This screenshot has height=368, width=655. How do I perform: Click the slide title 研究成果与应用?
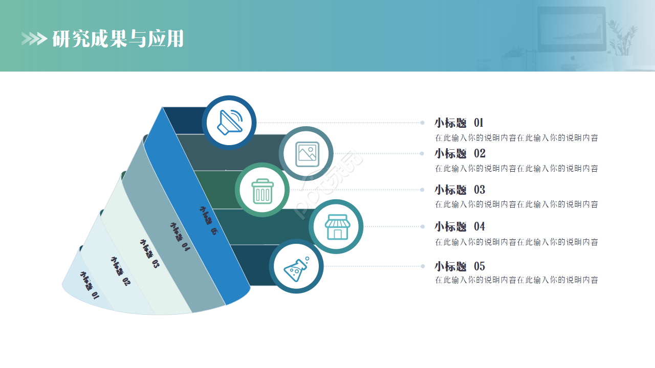(x=118, y=39)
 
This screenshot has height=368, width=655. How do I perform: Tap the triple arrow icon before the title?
(x=34, y=39)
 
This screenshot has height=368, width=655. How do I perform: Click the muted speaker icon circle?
(x=229, y=123)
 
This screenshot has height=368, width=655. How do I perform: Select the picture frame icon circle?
(x=307, y=153)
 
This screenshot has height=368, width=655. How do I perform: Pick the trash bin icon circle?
(x=263, y=190)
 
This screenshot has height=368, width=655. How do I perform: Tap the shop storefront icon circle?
(x=336, y=226)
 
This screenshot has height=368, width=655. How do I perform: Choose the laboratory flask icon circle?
(x=296, y=266)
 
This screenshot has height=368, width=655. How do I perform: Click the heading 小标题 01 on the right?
(x=459, y=123)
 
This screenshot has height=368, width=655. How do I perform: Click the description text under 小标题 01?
(x=516, y=137)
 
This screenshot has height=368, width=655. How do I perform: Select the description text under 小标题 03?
(x=516, y=204)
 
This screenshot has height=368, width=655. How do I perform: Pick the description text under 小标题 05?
(x=516, y=280)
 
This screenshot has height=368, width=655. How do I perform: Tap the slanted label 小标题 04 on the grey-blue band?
(x=180, y=237)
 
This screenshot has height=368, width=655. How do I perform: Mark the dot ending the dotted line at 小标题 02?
(x=422, y=153)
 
